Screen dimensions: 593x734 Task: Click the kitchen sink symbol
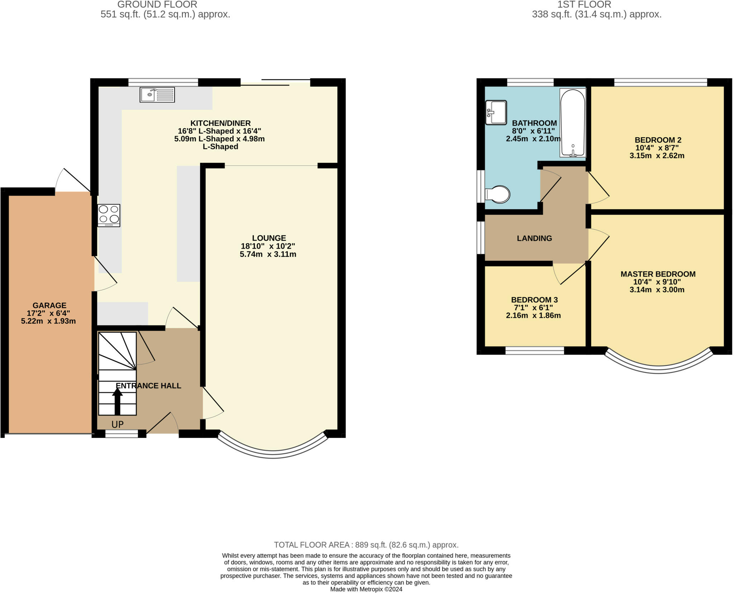pos(157,95)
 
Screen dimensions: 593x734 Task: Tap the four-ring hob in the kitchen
pos(109,215)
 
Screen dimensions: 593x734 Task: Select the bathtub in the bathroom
pos(572,123)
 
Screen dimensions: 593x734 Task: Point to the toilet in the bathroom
pos(498,195)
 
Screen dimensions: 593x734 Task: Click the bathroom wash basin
pos(496,113)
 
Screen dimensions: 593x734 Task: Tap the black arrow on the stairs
pos(117,401)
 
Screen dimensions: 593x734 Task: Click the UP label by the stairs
pos(118,425)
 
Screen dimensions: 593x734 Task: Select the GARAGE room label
pos(49,305)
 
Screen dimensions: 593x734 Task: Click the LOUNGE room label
pos(269,238)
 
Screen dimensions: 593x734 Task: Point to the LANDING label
pos(534,238)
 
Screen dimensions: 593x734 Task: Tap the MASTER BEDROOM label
pos(658,274)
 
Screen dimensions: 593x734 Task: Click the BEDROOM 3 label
pos(534,300)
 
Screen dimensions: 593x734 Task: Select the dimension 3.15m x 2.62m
pos(657,156)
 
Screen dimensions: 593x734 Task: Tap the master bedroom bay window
pos(658,369)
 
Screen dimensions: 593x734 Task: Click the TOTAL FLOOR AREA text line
pos(366,545)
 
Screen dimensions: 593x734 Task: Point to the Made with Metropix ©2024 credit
pos(366,589)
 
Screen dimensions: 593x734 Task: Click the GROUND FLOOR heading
pos(157,5)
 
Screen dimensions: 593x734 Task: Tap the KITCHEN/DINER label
pos(220,123)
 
